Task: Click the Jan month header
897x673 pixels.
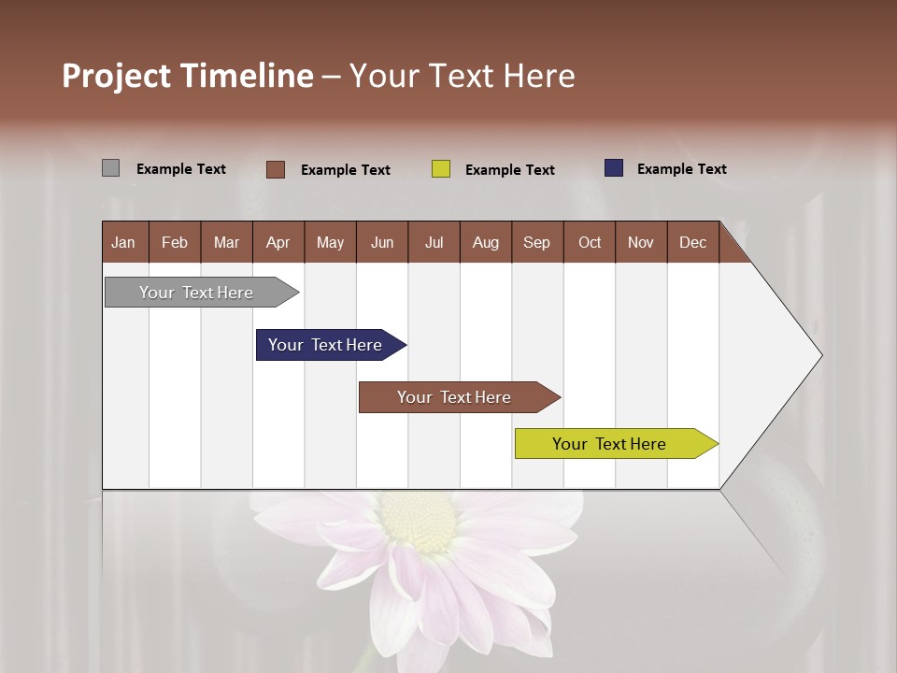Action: click(123, 242)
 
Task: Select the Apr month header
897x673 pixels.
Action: click(278, 242)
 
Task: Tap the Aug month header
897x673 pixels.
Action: click(485, 242)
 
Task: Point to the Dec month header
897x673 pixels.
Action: click(692, 242)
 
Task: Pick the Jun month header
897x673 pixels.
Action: click(381, 242)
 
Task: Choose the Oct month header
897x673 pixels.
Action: click(590, 242)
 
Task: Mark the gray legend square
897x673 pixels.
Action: click(110, 168)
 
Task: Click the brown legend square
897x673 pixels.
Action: click(275, 169)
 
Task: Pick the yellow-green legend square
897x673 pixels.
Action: click(440, 169)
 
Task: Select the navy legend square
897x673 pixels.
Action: click(613, 168)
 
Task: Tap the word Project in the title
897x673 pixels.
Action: click(114, 76)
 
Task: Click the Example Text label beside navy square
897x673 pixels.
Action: click(681, 168)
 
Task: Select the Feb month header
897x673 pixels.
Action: click(175, 242)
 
